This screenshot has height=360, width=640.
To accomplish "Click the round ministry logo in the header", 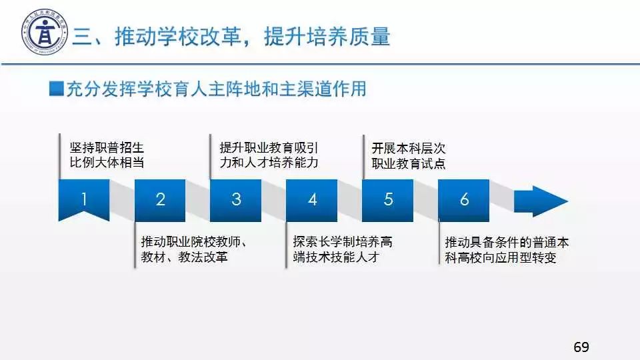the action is coord(44,32).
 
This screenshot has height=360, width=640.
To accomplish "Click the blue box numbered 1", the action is coord(84,199).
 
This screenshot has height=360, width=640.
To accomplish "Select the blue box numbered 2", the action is coord(160,201).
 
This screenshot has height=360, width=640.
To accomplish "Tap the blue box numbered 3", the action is coord(236,201).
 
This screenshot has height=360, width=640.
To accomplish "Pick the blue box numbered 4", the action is coord(312,201).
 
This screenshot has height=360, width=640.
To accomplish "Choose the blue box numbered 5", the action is coord(388,201).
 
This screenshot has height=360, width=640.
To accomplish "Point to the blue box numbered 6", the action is coord(464,201).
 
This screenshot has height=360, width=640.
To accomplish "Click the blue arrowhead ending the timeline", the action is coord(541,201).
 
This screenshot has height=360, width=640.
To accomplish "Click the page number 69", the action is coord(581,347).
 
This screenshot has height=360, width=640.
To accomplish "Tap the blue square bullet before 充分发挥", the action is coord(56,89).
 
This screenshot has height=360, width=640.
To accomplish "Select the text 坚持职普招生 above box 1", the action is coord(107,147).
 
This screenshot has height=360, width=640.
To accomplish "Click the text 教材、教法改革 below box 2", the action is coord(184,257).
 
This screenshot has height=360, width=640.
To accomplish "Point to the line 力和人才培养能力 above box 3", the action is coord(269,163).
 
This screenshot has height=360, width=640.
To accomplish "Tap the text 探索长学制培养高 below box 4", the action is coord(343,241).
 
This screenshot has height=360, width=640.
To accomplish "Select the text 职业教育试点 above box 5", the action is coord(409,164).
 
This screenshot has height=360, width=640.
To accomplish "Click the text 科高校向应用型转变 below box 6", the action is coord(501,257).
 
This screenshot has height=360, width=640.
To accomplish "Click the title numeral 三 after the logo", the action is coord(83,37).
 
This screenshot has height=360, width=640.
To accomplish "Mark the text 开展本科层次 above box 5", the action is coord(409,148).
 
